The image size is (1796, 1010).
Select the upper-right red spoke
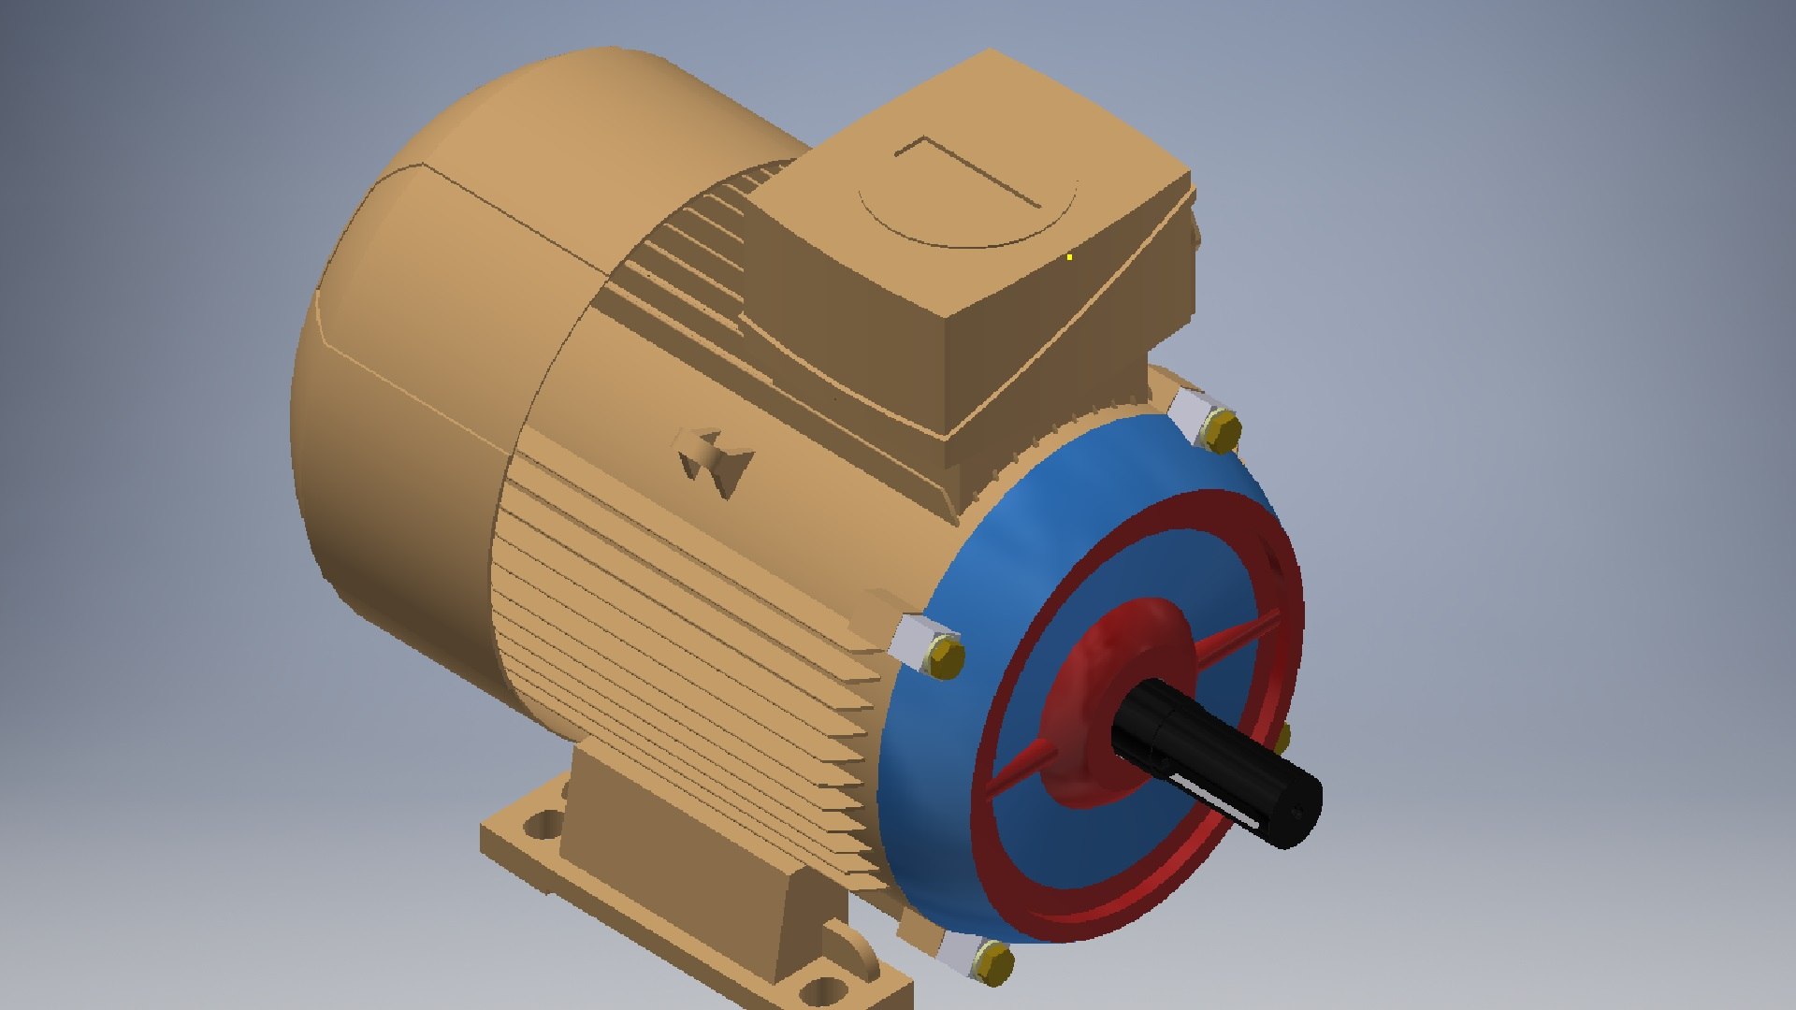(1235, 637)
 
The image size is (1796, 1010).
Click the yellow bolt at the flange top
(1222, 432)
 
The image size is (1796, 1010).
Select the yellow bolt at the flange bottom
(993, 961)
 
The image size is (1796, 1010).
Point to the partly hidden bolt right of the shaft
(1283, 738)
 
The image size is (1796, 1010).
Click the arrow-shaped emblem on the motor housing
(716, 461)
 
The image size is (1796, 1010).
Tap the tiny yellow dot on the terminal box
(1069, 256)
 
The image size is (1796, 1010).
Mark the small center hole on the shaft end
(1297, 813)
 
